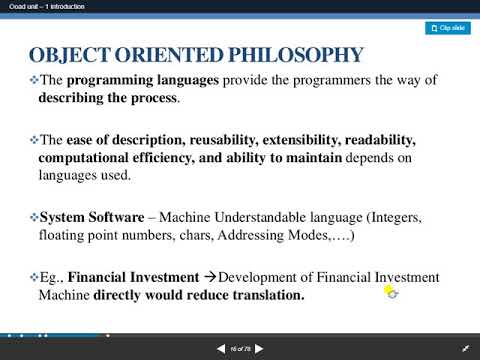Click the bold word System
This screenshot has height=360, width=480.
[x=64, y=216]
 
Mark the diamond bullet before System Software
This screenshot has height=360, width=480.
[x=33, y=216]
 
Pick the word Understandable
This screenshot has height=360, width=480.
[x=225, y=216]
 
